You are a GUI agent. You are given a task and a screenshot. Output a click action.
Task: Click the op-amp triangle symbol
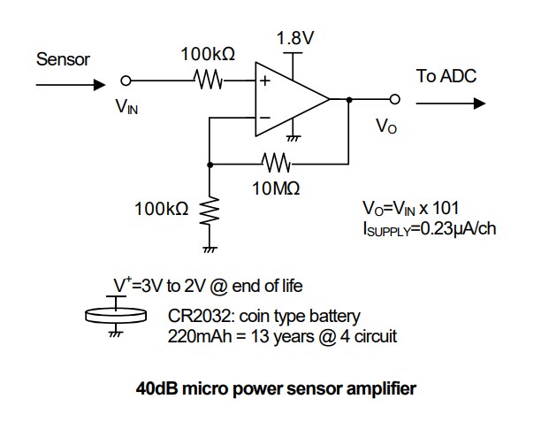(x=287, y=99)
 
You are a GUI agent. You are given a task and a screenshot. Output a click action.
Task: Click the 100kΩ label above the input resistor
(x=208, y=55)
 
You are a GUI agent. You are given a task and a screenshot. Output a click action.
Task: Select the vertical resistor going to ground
(x=210, y=212)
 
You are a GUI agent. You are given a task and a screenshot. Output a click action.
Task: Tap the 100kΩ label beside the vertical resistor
(x=161, y=210)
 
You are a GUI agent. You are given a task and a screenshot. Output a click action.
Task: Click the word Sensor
(x=63, y=60)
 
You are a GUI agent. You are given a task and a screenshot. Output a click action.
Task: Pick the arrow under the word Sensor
(x=67, y=86)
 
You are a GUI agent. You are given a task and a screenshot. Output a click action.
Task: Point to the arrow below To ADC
(x=451, y=103)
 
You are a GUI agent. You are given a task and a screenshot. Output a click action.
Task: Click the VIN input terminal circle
(x=126, y=81)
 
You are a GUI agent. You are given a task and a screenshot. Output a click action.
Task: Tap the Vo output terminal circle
(x=394, y=100)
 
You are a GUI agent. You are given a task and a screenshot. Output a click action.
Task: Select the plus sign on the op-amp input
(x=263, y=81)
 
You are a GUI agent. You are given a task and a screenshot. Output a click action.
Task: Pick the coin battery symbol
(x=115, y=314)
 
